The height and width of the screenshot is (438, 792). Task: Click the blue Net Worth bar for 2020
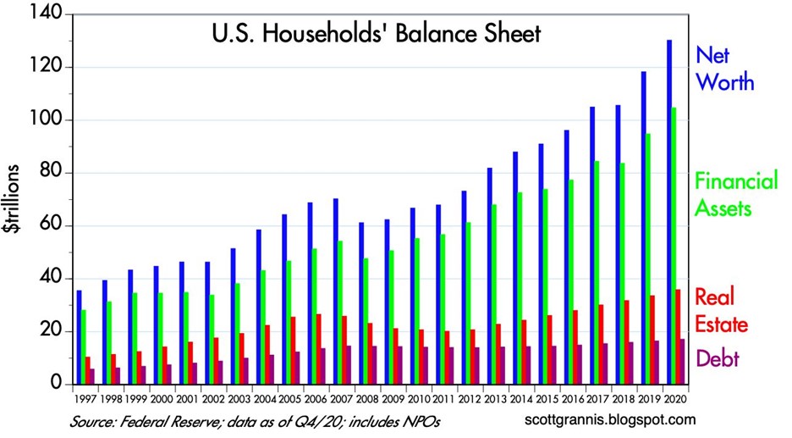(669, 212)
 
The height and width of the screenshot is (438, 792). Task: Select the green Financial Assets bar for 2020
(675, 246)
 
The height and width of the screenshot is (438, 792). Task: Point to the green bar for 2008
(365, 321)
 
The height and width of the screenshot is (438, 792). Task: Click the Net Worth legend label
(723, 69)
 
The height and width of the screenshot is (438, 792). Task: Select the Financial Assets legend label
(735, 193)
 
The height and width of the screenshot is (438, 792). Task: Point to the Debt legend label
(718, 358)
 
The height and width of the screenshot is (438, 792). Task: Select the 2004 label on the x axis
(266, 398)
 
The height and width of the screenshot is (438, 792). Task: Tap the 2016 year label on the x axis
(571, 398)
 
